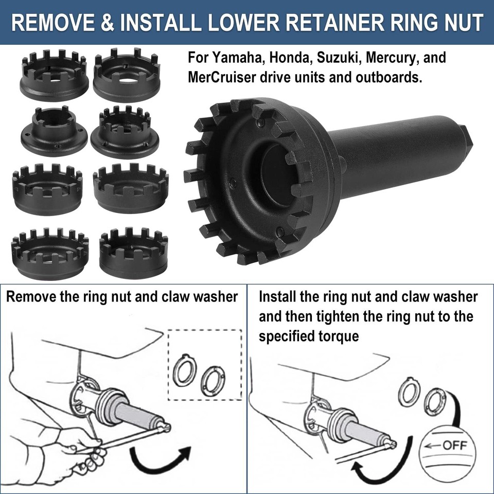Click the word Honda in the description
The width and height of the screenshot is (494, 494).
pyautogui.click(x=286, y=58)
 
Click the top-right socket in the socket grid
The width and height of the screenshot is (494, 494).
pyautogui.click(x=127, y=74)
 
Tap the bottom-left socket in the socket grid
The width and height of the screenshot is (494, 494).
pyautogui.click(x=49, y=254)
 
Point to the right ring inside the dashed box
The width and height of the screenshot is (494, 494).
pyautogui.click(x=213, y=381)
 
